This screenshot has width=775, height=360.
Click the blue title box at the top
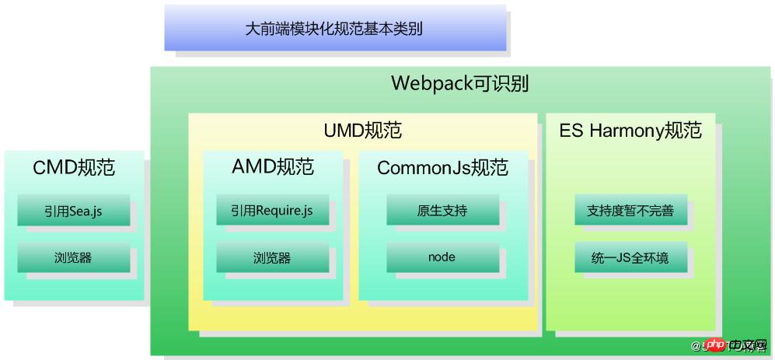point(334,28)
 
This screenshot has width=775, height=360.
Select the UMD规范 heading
point(362,130)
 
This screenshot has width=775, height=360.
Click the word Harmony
point(625,130)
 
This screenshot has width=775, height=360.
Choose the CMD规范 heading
point(74,167)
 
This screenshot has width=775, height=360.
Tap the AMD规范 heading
point(272,166)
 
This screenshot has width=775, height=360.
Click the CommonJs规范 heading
point(442,167)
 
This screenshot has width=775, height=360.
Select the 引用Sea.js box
point(74,211)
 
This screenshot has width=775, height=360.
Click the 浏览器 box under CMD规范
point(74,257)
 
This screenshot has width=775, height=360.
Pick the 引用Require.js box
point(272,211)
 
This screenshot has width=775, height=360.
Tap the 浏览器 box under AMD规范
point(272,257)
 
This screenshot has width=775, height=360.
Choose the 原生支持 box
point(442,211)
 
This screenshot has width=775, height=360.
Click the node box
point(442,257)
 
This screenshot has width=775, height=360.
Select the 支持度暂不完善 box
point(630,211)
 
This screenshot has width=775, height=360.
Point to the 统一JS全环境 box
point(630,257)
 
